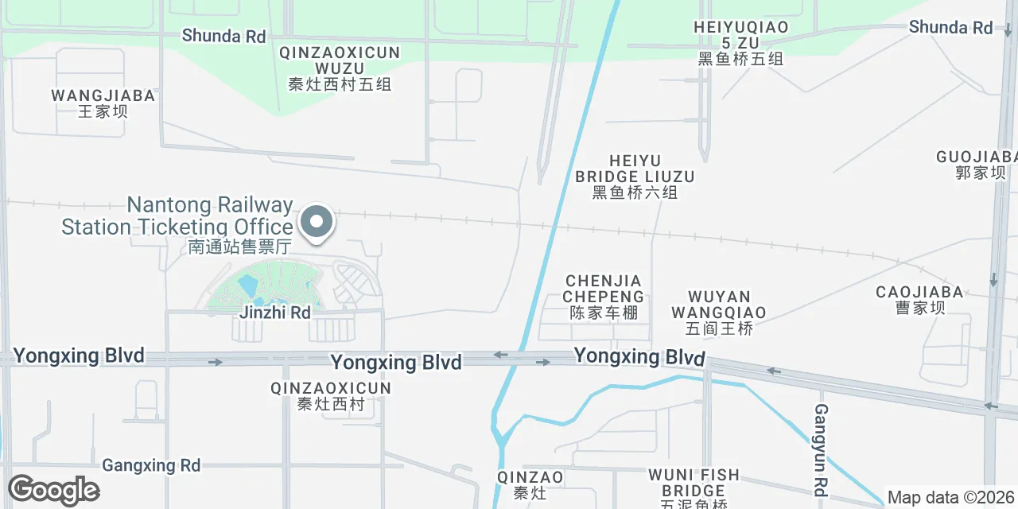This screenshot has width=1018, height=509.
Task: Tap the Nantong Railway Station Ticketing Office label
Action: [177, 216]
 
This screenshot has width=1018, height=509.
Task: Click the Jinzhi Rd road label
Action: [275, 313]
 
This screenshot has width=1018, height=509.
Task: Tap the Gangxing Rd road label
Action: [151, 465]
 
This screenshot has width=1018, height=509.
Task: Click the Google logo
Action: [54, 490]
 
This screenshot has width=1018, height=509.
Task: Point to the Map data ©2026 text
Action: [951, 498]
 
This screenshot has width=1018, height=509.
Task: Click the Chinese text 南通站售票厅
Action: [239, 247]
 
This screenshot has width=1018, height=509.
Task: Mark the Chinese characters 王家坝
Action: [103, 111]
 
